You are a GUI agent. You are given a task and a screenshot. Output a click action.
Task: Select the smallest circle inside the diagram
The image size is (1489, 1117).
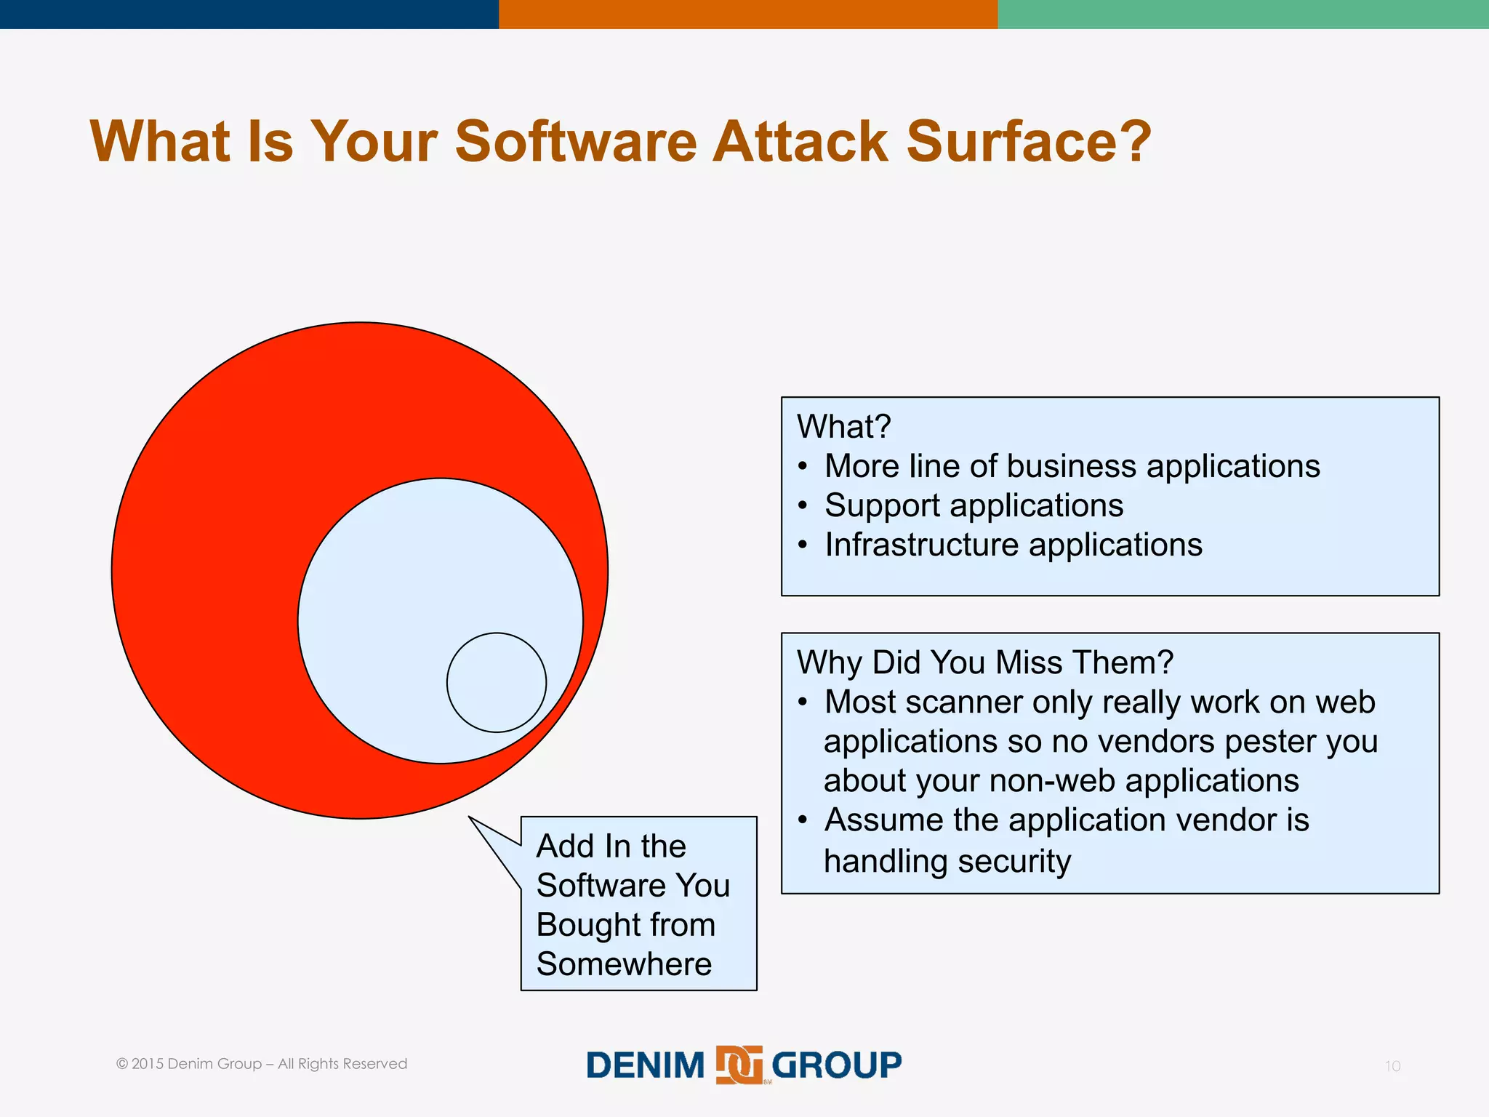497,682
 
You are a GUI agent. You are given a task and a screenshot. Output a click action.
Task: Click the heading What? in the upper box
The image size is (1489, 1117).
843,426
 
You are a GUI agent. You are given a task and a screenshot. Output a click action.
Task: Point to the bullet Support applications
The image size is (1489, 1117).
974,505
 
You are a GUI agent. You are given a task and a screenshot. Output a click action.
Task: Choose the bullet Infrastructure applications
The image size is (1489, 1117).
1013,545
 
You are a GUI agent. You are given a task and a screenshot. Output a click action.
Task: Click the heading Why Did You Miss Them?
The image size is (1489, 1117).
985,662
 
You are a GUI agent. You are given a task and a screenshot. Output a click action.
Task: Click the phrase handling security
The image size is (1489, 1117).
947,861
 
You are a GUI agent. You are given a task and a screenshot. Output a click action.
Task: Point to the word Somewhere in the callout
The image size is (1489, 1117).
624,964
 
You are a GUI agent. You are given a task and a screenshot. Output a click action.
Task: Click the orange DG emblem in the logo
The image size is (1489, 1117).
739,1065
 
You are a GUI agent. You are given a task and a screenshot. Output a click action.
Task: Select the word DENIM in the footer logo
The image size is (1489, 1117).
646,1065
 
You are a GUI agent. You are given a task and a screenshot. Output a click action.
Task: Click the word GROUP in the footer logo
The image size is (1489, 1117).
836,1065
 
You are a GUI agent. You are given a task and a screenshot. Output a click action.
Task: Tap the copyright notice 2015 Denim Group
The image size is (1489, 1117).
262,1064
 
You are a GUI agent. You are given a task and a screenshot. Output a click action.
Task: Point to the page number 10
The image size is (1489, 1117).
1392,1066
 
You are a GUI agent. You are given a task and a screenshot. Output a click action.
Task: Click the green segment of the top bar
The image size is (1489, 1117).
1243,14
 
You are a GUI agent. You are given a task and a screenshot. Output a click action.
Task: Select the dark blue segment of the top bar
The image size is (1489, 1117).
249,14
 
